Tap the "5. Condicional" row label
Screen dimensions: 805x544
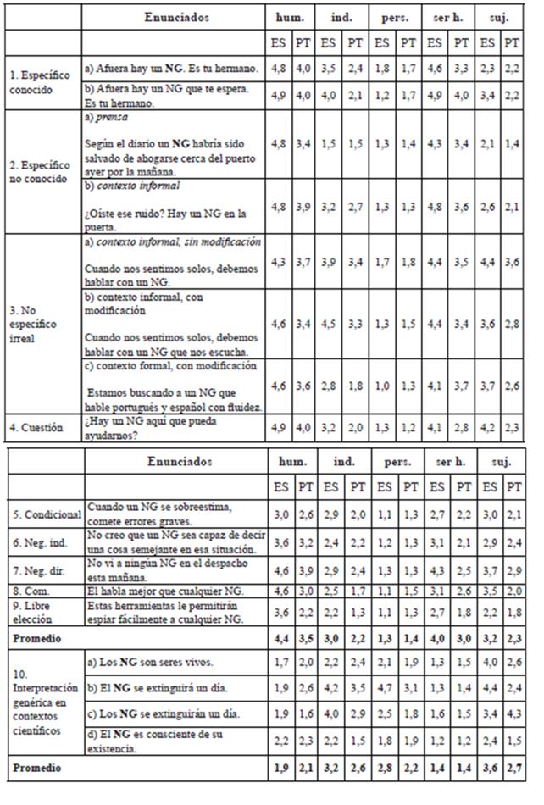click(x=42, y=514)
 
